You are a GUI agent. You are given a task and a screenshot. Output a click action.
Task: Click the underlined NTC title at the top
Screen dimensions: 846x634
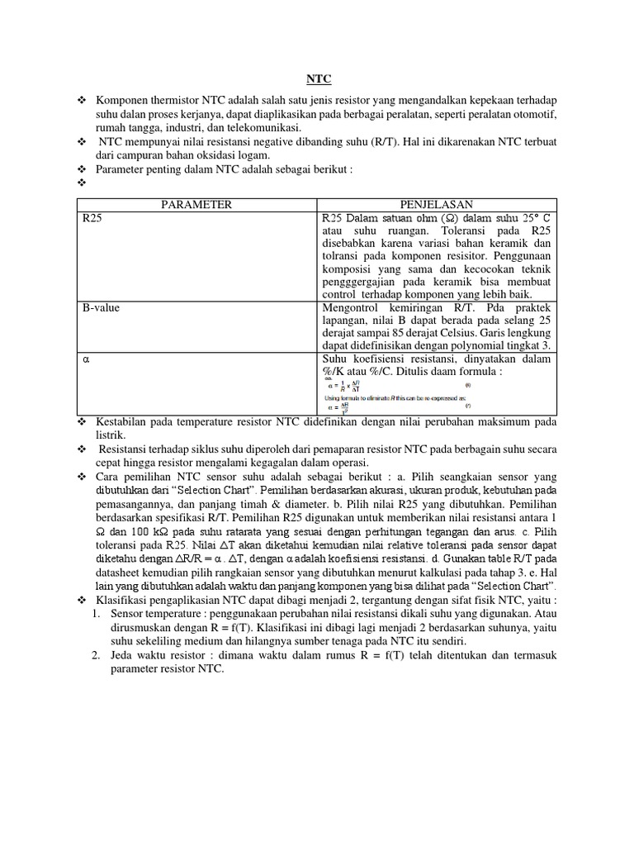point(318,79)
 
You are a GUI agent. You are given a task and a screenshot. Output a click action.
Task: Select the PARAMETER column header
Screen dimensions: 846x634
point(196,205)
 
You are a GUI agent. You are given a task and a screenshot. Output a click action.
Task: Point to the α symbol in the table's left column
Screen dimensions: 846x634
point(85,360)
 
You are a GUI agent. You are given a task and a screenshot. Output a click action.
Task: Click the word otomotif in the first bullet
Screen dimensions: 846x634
point(533,113)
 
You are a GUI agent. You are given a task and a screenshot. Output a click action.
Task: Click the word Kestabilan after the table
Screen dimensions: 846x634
point(124,421)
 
